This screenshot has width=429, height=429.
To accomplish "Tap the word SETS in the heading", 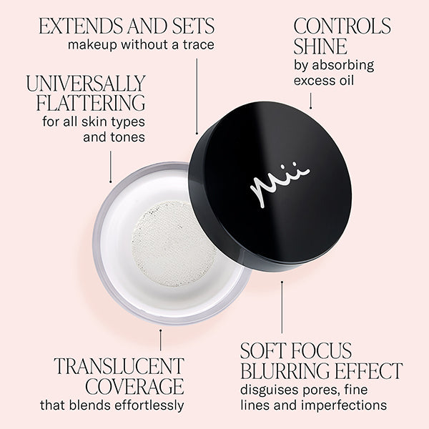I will [188, 26].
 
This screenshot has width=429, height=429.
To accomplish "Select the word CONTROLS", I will [342, 26].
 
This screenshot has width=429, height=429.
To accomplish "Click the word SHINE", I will [320, 47].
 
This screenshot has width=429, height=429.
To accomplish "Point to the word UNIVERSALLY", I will [86, 83].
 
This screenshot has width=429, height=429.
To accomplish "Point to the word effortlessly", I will [147, 405].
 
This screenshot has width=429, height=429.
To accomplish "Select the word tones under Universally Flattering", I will [129, 136].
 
